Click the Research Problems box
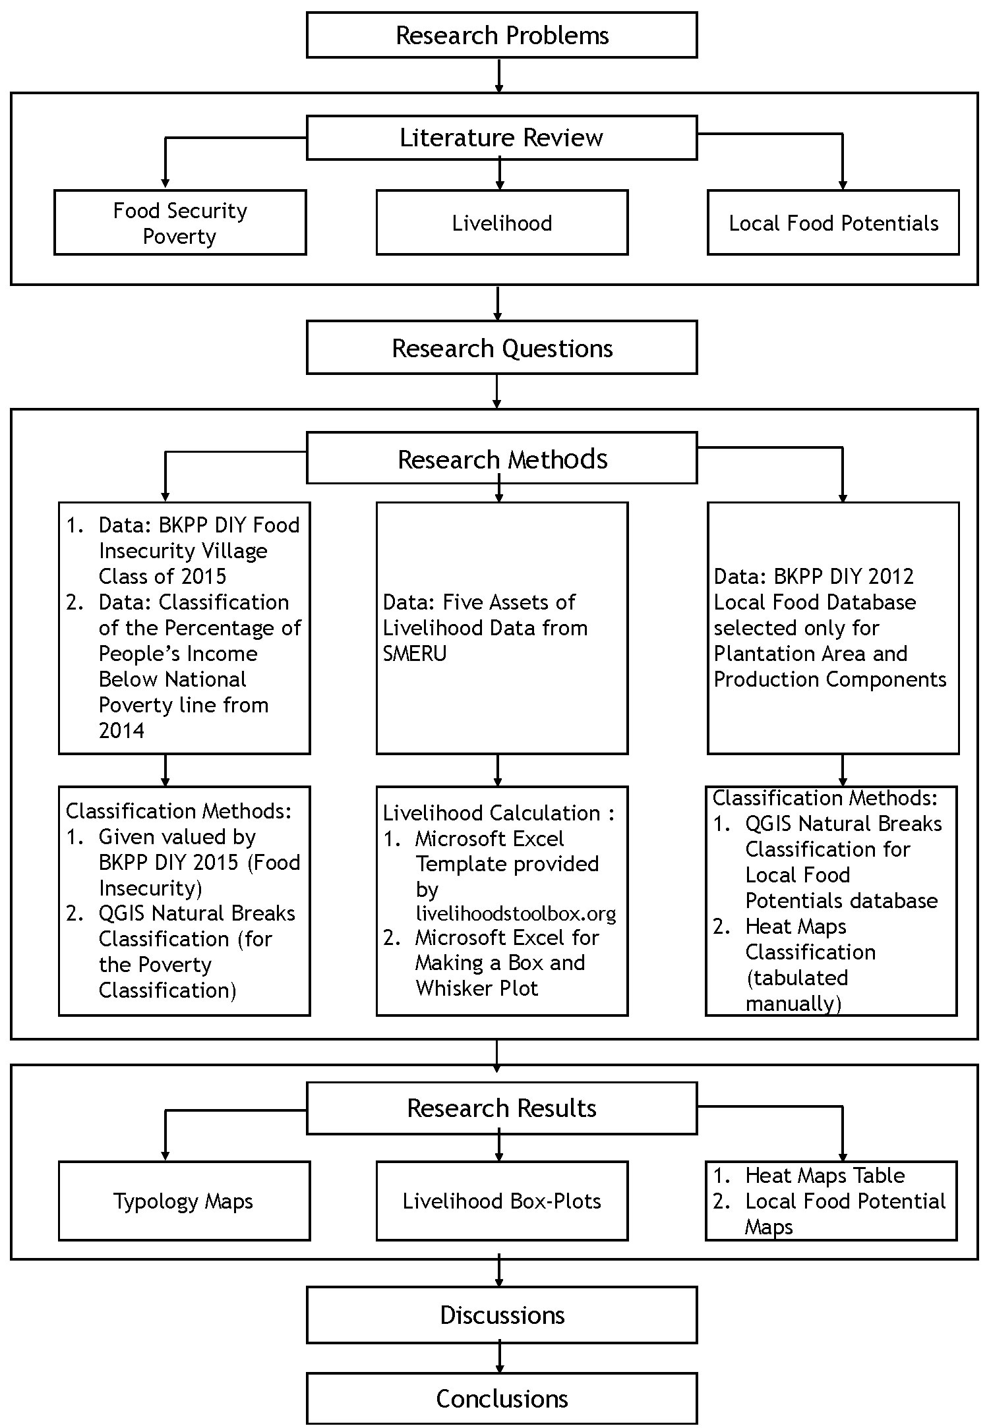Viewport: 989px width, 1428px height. (502, 35)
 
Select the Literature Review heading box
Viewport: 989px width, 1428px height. (502, 138)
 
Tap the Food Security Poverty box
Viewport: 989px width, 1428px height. (180, 223)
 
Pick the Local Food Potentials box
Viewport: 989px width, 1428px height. (833, 223)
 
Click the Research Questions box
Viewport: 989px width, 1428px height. (502, 348)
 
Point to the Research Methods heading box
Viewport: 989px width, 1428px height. (502, 459)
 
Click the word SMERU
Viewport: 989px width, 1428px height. (415, 653)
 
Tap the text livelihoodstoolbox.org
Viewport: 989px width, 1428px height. (516, 913)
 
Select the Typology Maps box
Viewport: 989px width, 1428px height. (183, 1201)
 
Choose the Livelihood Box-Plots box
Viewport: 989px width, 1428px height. (502, 1201)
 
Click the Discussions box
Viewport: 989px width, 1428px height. (502, 1315)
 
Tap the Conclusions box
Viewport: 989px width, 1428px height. (502, 1398)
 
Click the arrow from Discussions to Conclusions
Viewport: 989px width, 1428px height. (500, 1357)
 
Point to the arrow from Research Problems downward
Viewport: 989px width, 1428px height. (499, 75)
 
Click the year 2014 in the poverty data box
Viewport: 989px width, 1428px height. (121, 730)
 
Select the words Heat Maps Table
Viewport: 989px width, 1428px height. (824, 1175)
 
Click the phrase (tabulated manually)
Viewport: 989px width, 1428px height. (796, 990)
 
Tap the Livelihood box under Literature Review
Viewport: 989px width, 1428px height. (502, 223)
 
